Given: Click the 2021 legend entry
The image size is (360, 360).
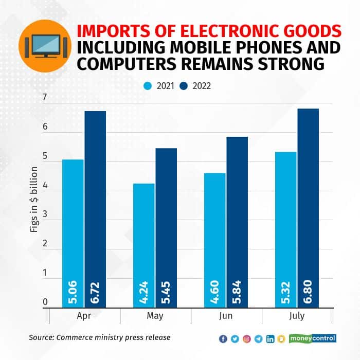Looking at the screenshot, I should (x=157, y=86).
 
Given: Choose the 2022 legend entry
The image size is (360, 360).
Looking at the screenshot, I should (x=195, y=86).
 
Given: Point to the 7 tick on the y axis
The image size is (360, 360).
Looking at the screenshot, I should (x=45, y=98).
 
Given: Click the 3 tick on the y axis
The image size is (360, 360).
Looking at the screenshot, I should (x=45, y=214).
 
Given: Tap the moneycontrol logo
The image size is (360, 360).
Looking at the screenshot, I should (x=313, y=338).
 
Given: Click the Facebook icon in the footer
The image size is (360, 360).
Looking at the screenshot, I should (x=223, y=338).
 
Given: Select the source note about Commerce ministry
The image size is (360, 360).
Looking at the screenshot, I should (x=99, y=337).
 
